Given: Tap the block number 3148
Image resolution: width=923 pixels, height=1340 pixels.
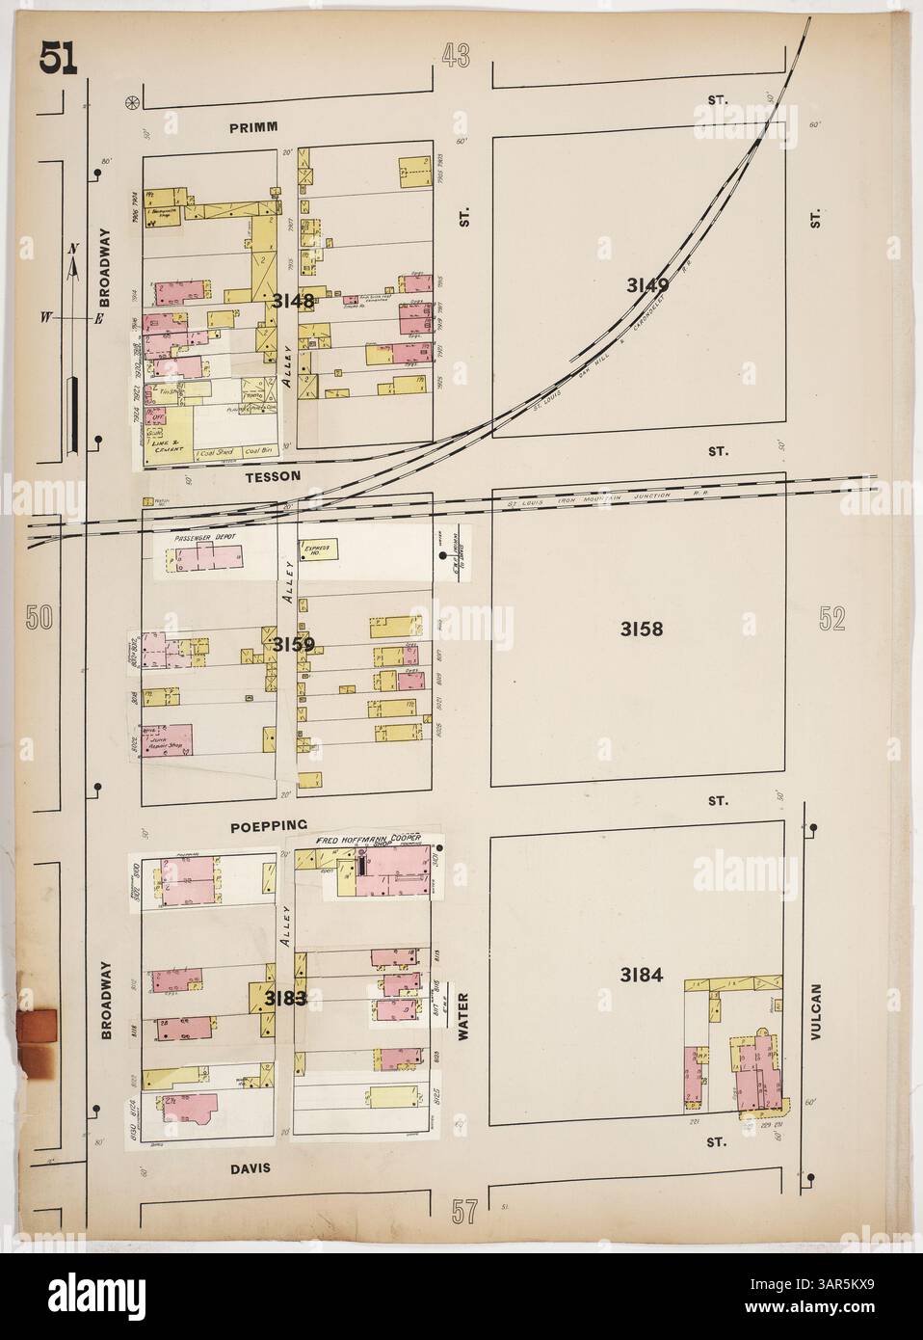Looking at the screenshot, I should click(x=293, y=301).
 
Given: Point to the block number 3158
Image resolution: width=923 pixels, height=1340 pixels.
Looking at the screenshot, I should click(x=644, y=630).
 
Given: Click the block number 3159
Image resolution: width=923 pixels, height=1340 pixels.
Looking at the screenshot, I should click(x=291, y=644).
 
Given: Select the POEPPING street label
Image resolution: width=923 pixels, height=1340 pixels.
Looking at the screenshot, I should click(x=270, y=825).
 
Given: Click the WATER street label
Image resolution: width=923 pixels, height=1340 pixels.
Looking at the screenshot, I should click(x=463, y=1017).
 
